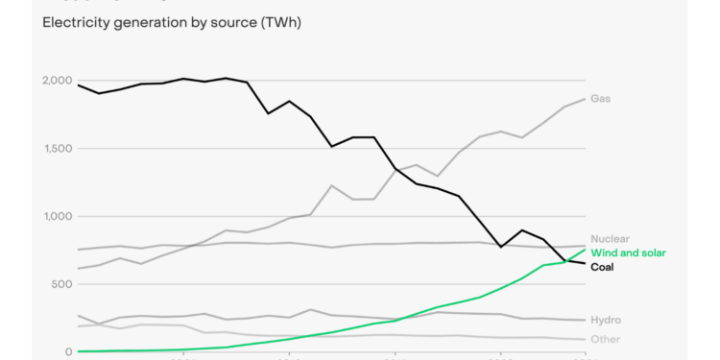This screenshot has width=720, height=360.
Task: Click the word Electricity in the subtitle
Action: click(x=74, y=22)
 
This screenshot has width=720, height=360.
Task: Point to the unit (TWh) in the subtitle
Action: click(x=280, y=22)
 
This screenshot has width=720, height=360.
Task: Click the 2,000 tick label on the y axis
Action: click(x=56, y=81)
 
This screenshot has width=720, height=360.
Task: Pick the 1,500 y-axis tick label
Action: click(x=56, y=149)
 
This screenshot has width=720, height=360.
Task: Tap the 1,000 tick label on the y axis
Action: click(x=56, y=217)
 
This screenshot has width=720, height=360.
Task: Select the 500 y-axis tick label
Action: click(x=61, y=284)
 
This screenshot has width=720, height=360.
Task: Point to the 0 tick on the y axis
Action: click(x=69, y=351)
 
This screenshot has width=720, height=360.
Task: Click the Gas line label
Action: click(x=600, y=99)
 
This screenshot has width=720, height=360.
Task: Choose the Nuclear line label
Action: click(x=610, y=239)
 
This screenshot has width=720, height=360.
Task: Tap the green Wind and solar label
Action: click(x=628, y=253)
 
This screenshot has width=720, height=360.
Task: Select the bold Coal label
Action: click(x=602, y=267)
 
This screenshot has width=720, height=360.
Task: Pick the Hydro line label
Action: click(x=605, y=320)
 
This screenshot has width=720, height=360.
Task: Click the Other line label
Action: click(x=605, y=339)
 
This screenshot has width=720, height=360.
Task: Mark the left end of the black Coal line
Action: click(x=79, y=85)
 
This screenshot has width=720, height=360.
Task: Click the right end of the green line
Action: click(x=585, y=250)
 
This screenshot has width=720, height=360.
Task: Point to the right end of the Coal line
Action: click(x=585, y=263)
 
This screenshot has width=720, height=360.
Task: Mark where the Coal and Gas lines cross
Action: click(x=396, y=169)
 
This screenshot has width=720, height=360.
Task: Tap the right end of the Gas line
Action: click(x=585, y=99)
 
